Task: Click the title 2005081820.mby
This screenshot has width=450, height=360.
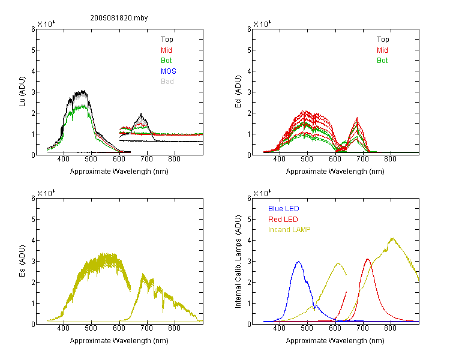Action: point(119,18)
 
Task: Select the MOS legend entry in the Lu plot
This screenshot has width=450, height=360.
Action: point(169,71)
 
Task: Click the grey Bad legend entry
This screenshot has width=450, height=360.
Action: point(167,82)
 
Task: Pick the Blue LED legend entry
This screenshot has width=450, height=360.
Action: point(284,209)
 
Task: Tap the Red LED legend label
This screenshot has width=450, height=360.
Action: point(283,220)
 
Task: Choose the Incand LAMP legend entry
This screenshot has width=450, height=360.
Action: point(289,230)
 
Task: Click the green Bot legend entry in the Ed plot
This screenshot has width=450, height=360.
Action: point(382,61)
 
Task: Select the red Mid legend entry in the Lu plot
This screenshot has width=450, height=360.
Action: point(166,50)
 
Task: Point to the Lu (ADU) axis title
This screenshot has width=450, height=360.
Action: point(22,92)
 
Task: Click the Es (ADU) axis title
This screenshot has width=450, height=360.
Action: point(22,260)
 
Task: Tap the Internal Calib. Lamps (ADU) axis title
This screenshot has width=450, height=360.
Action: point(238,262)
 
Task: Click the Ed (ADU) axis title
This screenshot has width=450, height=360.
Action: point(238,92)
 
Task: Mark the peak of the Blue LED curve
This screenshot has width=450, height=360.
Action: point(299,262)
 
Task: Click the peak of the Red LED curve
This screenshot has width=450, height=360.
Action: point(368,259)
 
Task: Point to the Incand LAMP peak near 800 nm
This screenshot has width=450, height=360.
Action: point(392,238)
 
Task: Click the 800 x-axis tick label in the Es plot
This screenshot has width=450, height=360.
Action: point(175,328)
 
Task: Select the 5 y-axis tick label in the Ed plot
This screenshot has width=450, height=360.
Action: point(249,50)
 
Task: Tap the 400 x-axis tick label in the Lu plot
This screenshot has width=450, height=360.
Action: point(64,159)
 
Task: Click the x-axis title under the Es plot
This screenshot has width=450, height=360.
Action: point(119,341)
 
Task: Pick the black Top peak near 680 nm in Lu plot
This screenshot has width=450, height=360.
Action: point(141,114)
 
